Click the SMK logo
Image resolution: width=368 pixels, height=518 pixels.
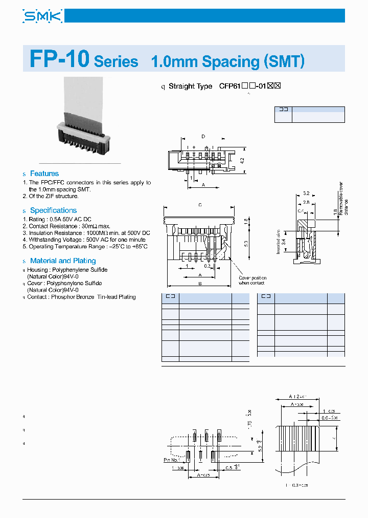pos(42,16)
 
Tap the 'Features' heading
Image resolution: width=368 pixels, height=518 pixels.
pos(44,174)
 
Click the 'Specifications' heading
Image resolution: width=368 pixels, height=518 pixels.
pos(53,210)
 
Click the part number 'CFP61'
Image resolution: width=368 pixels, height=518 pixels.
pos(229,86)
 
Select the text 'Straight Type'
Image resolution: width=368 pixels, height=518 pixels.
pos(190,86)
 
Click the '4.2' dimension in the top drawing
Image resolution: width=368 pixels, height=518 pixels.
pos(242,160)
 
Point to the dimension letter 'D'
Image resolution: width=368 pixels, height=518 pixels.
pos(203,136)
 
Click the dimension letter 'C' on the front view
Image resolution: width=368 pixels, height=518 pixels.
pos(200,205)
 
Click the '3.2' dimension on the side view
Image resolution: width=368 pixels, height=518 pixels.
pos(306,193)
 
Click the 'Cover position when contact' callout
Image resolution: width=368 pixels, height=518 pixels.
pos(252,280)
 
